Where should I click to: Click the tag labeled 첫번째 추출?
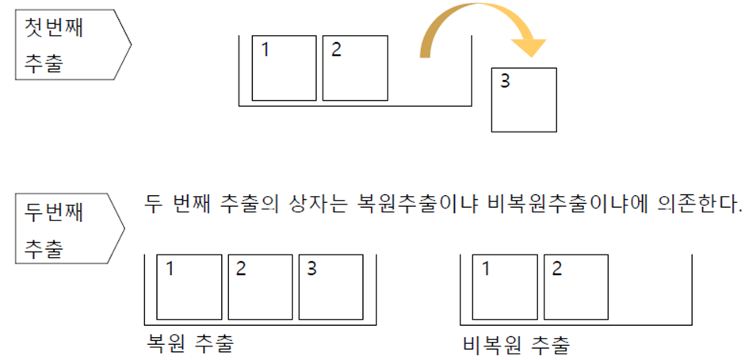pyautogui.click(x=67, y=45)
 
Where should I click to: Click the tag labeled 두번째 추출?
pyautogui.click(x=67, y=229)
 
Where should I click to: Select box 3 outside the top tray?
pyautogui.click(x=524, y=100)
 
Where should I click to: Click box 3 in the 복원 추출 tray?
pyautogui.click(x=330, y=286)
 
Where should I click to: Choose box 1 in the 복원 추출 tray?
pyautogui.click(x=188, y=286)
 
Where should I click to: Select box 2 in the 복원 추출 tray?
pyautogui.click(x=259, y=286)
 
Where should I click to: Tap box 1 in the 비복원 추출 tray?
pyautogui.click(x=504, y=286)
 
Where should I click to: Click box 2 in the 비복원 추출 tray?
pyautogui.click(x=575, y=286)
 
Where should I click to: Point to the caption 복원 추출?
pyautogui.click(x=190, y=343)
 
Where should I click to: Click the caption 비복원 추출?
pyautogui.click(x=515, y=343)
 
